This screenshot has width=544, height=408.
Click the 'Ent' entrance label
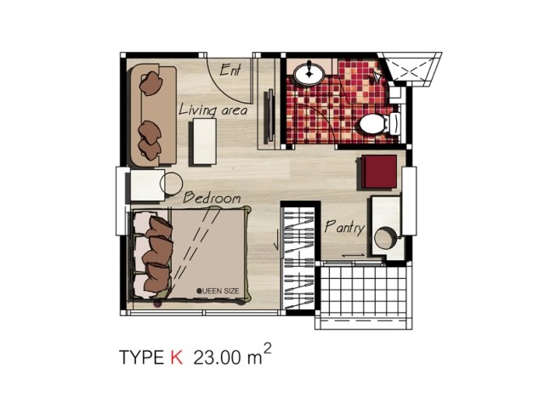pos(230,69)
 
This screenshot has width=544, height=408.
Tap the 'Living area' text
pos(213,110)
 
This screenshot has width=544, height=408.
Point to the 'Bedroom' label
pos(212,197)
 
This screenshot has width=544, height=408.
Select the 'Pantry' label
pos(344,227)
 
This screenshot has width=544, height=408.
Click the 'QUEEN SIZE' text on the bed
pos(218,291)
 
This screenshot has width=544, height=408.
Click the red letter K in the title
pos(177,357)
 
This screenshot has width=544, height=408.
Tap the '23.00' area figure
pos(217,357)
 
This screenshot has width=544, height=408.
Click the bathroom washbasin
pos(309,73)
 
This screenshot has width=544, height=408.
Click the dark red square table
pos(379,172)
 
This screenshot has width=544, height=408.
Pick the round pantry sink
pos(385,238)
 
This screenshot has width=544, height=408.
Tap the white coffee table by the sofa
pos(203,141)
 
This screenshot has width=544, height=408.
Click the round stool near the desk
pos(171,184)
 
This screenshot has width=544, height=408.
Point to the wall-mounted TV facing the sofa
pos(270,116)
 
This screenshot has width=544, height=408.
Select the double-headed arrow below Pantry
pos(353,255)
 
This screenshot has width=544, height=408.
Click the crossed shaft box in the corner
pos(410,70)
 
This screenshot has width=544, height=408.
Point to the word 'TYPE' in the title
pos(141,357)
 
